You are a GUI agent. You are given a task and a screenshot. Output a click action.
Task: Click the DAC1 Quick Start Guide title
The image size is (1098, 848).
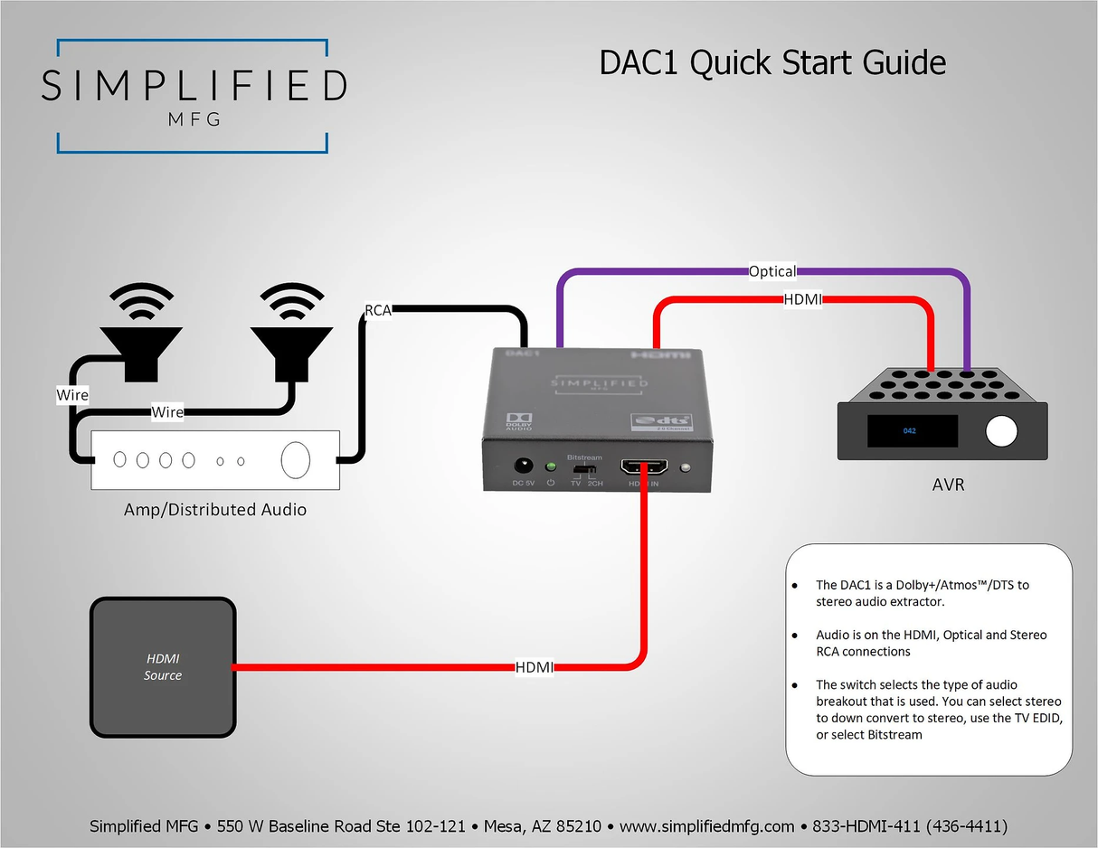772,63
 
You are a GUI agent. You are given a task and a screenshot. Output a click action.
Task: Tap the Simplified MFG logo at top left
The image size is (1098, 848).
193,95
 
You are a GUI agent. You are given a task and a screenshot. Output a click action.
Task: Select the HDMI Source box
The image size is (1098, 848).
163,666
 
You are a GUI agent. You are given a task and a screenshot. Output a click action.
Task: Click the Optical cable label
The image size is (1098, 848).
771,271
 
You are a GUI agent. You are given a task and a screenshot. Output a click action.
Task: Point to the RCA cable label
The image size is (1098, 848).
377,310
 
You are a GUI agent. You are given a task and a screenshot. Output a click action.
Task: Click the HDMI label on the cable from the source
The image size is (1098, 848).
535,667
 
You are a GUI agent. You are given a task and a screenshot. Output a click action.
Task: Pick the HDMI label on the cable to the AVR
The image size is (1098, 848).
802,300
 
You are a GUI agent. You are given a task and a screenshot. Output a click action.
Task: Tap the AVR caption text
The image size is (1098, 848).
948,485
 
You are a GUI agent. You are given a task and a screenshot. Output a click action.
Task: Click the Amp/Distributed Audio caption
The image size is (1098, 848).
214,510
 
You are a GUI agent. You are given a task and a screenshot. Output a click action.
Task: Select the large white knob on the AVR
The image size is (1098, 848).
1001,432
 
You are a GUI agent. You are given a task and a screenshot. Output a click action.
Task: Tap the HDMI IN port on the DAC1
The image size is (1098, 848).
644,467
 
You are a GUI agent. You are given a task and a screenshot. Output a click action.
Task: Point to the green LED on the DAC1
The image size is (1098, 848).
549,467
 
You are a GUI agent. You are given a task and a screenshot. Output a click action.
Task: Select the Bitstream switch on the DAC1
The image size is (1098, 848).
583,470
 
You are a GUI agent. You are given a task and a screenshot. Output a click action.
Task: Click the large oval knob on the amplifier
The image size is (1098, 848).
296,460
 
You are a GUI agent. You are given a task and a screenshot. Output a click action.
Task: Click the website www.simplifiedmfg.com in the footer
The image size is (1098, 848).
706,826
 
